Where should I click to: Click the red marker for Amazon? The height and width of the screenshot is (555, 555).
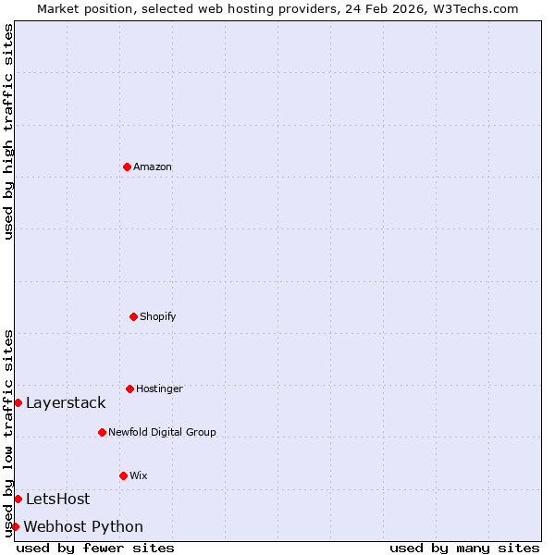[x=127, y=166]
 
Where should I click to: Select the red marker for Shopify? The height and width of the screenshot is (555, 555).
[x=133, y=316]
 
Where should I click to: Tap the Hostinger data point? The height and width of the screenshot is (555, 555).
[x=129, y=388]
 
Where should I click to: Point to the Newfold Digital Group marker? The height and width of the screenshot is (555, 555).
[x=102, y=432]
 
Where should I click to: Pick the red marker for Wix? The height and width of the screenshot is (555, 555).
[x=123, y=475]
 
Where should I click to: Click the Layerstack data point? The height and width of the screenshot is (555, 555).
[x=18, y=402]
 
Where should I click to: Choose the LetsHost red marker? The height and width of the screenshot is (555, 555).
[x=18, y=499]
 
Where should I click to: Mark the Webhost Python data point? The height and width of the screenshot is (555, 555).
[x=15, y=526]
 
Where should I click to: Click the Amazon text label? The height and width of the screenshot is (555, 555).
[x=153, y=167]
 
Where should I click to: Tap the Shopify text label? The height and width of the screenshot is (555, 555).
[x=158, y=317]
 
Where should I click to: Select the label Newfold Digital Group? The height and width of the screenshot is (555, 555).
[x=162, y=433]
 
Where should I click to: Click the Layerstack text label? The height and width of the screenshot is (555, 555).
[x=66, y=403]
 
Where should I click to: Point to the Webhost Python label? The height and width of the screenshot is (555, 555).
[x=83, y=527]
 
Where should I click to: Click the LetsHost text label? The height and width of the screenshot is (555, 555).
[x=58, y=499]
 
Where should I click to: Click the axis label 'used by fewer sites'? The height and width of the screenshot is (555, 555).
[x=95, y=549]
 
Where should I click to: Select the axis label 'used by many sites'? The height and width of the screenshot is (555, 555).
[x=464, y=549]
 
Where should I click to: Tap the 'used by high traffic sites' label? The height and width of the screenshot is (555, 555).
[x=9, y=131]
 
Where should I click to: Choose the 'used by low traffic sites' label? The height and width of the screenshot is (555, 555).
[x=9, y=433]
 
